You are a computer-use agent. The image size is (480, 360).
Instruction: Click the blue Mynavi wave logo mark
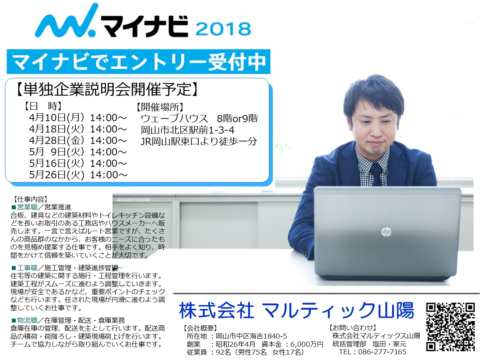pos(66,21)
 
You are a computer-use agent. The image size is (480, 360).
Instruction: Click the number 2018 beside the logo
pos(223,29)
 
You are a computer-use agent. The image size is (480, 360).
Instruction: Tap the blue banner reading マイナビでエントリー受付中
pos(139,61)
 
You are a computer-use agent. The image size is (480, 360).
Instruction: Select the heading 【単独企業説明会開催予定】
pos(107,89)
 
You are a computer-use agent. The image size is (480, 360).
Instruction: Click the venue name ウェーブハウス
pos(174,119)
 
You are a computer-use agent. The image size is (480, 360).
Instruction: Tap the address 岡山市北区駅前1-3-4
pos(187,130)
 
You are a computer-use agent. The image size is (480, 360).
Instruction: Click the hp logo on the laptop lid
pos(386,232)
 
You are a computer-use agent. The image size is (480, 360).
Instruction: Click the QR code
pos(450,327)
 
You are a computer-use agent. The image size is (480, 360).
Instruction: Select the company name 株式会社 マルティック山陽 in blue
pos(296,310)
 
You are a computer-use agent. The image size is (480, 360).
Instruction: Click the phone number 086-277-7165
pos(382,352)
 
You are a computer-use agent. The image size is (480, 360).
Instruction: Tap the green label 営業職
pos(27,207)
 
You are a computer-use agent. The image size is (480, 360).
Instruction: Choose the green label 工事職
pos(27,268)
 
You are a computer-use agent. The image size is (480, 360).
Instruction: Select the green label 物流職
pos(27,320)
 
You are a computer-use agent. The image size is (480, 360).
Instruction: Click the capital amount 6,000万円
pos(306,344)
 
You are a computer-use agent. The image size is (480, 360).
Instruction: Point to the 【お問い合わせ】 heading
pos(353,327)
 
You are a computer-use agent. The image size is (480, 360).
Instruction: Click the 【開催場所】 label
pos(160,107)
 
